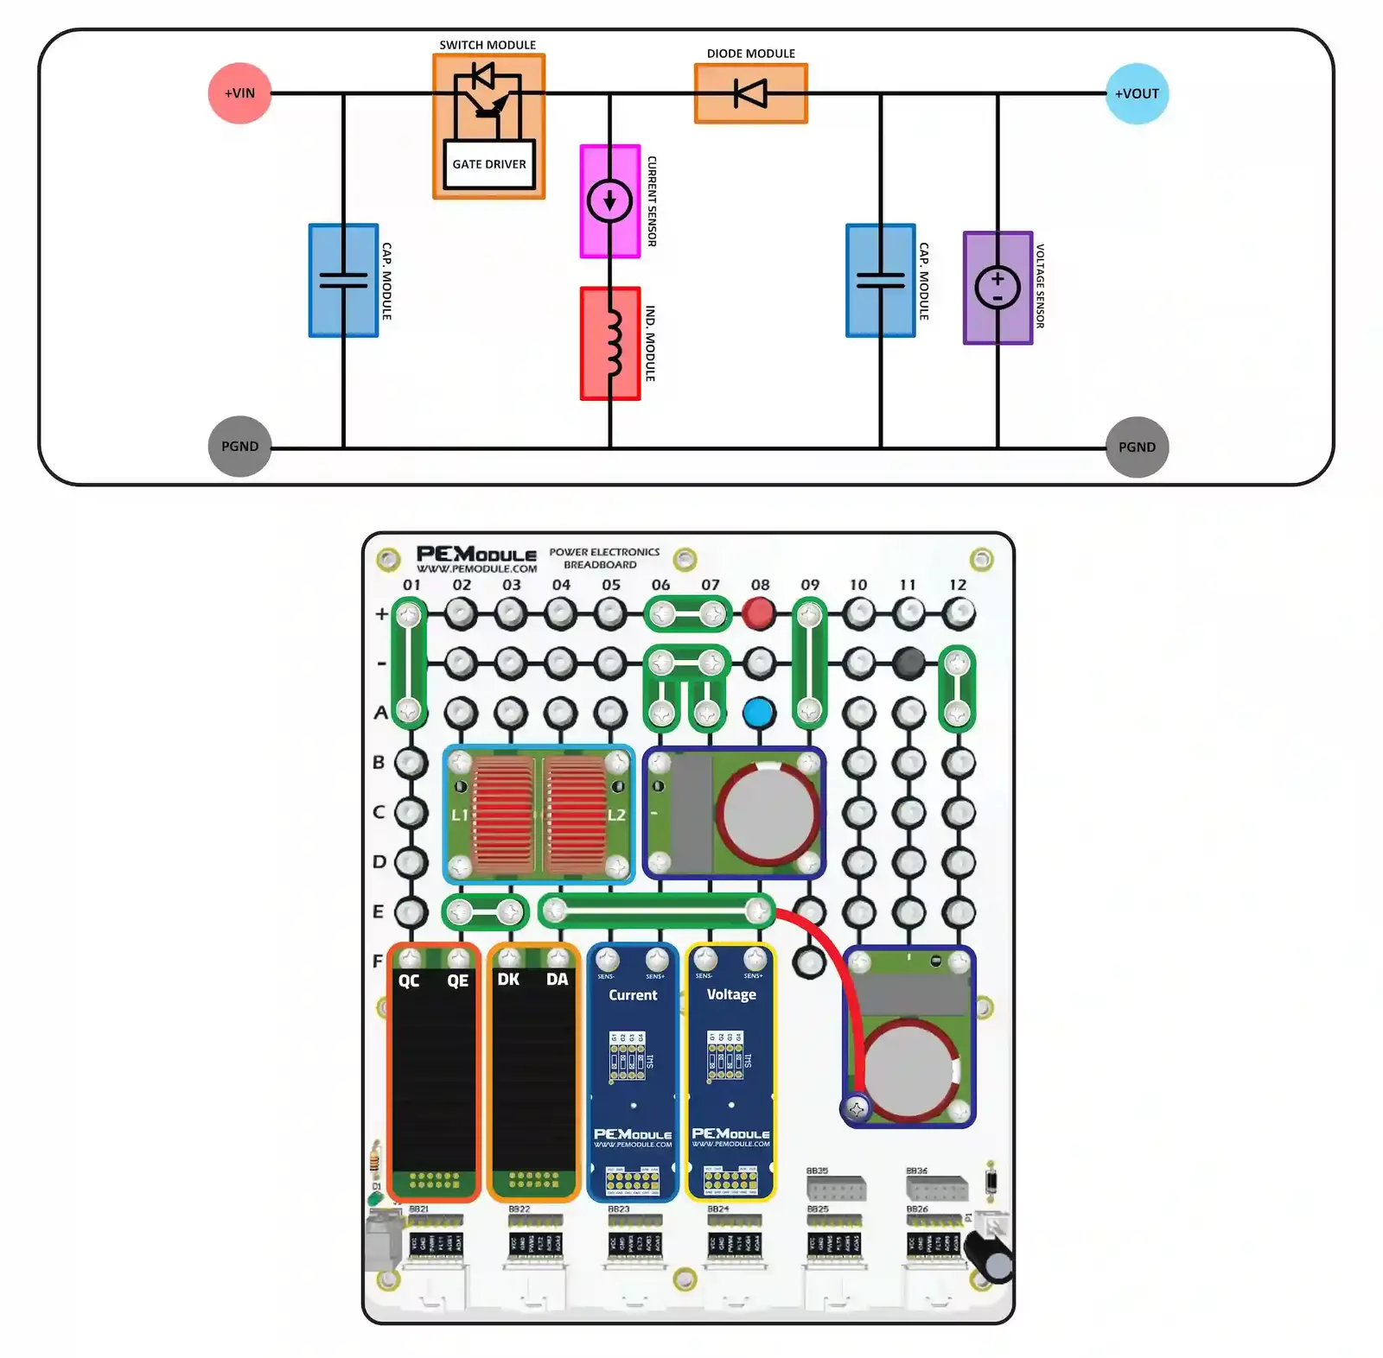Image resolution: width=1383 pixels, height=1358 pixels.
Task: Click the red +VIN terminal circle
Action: (x=239, y=93)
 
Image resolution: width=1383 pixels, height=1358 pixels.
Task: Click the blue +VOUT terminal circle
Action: (x=1136, y=93)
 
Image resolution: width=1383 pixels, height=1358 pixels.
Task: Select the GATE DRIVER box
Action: (x=488, y=164)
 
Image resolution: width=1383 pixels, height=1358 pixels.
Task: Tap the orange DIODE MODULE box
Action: (x=750, y=92)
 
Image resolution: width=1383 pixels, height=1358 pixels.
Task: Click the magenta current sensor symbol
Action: (x=609, y=201)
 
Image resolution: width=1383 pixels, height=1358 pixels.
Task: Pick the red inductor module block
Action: (x=609, y=344)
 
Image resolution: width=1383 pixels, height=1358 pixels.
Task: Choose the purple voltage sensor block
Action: (x=997, y=288)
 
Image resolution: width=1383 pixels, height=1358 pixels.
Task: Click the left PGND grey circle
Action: (x=239, y=447)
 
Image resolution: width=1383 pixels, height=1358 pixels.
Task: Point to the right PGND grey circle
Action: (x=1136, y=447)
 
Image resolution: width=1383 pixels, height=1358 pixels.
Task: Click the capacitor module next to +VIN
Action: (x=343, y=280)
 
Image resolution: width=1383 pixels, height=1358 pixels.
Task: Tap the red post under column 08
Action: (x=759, y=614)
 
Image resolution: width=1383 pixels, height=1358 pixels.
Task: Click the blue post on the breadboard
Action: (x=758, y=714)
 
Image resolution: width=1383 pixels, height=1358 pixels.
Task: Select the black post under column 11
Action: (x=908, y=663)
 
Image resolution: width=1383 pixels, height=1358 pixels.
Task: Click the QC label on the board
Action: (x=409, y=980)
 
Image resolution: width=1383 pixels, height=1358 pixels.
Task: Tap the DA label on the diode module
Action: (x=558, y=979)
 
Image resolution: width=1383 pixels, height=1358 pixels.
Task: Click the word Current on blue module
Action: (x=633, y=995)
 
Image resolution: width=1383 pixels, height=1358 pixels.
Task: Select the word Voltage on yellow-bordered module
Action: (x=731, y=994)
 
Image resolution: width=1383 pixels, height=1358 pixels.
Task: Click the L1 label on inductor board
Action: (x=460, y=815)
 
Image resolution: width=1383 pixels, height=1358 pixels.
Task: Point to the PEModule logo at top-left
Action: (x=476, y=557)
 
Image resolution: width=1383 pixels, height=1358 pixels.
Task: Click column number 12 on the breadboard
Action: (x=958, y=585)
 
